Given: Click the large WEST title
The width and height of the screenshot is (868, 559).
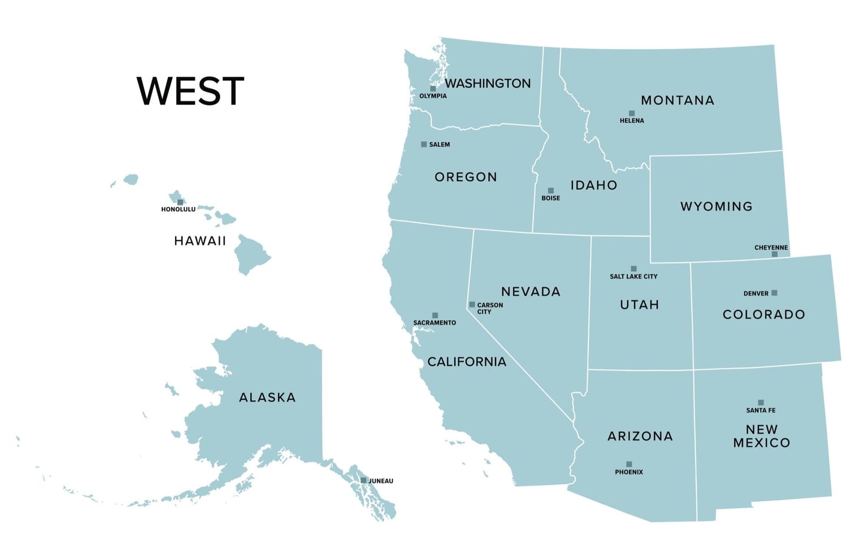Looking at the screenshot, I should (x=190, y=91).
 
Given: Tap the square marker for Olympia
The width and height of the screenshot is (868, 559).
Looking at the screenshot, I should (x=433, y=89).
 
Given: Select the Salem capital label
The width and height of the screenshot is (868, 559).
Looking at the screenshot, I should (x=439, y=145).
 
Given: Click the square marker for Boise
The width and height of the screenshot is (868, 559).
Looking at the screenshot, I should (x=551, y=191).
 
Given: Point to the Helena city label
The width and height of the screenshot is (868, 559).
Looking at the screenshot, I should (x=632, y=121).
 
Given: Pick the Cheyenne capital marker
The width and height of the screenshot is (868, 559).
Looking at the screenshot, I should (x=775, y=254).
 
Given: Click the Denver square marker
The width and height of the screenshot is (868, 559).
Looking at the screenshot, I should (x=774, y=292).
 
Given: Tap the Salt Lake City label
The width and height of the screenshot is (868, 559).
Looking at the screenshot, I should (x=633, y=277).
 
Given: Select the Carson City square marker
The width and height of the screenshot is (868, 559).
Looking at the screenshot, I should (x=472, y=305).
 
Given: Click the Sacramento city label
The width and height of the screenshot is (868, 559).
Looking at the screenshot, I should (x=435, y=323).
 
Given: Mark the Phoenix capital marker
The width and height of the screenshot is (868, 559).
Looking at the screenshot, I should (x=629, y=464).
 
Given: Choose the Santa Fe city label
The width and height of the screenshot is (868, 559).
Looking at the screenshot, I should (x=761, y=410).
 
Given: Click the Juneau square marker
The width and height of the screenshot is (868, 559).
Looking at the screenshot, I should (x=363, y=481).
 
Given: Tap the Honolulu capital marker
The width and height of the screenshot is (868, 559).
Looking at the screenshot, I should (x=180, y=202).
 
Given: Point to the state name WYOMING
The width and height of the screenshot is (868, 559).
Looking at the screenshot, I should (x=717, y=207).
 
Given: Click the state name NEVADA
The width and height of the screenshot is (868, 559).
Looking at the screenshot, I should (x=531, y=292).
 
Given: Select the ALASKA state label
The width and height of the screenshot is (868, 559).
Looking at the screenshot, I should (x=267, y=398).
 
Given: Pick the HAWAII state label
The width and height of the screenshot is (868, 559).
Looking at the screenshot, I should (x=200, y=241).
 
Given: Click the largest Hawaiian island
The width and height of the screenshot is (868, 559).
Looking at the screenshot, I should (x=251, y=255).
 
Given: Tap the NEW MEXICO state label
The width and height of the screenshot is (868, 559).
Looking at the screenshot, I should (x=762, y=436).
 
